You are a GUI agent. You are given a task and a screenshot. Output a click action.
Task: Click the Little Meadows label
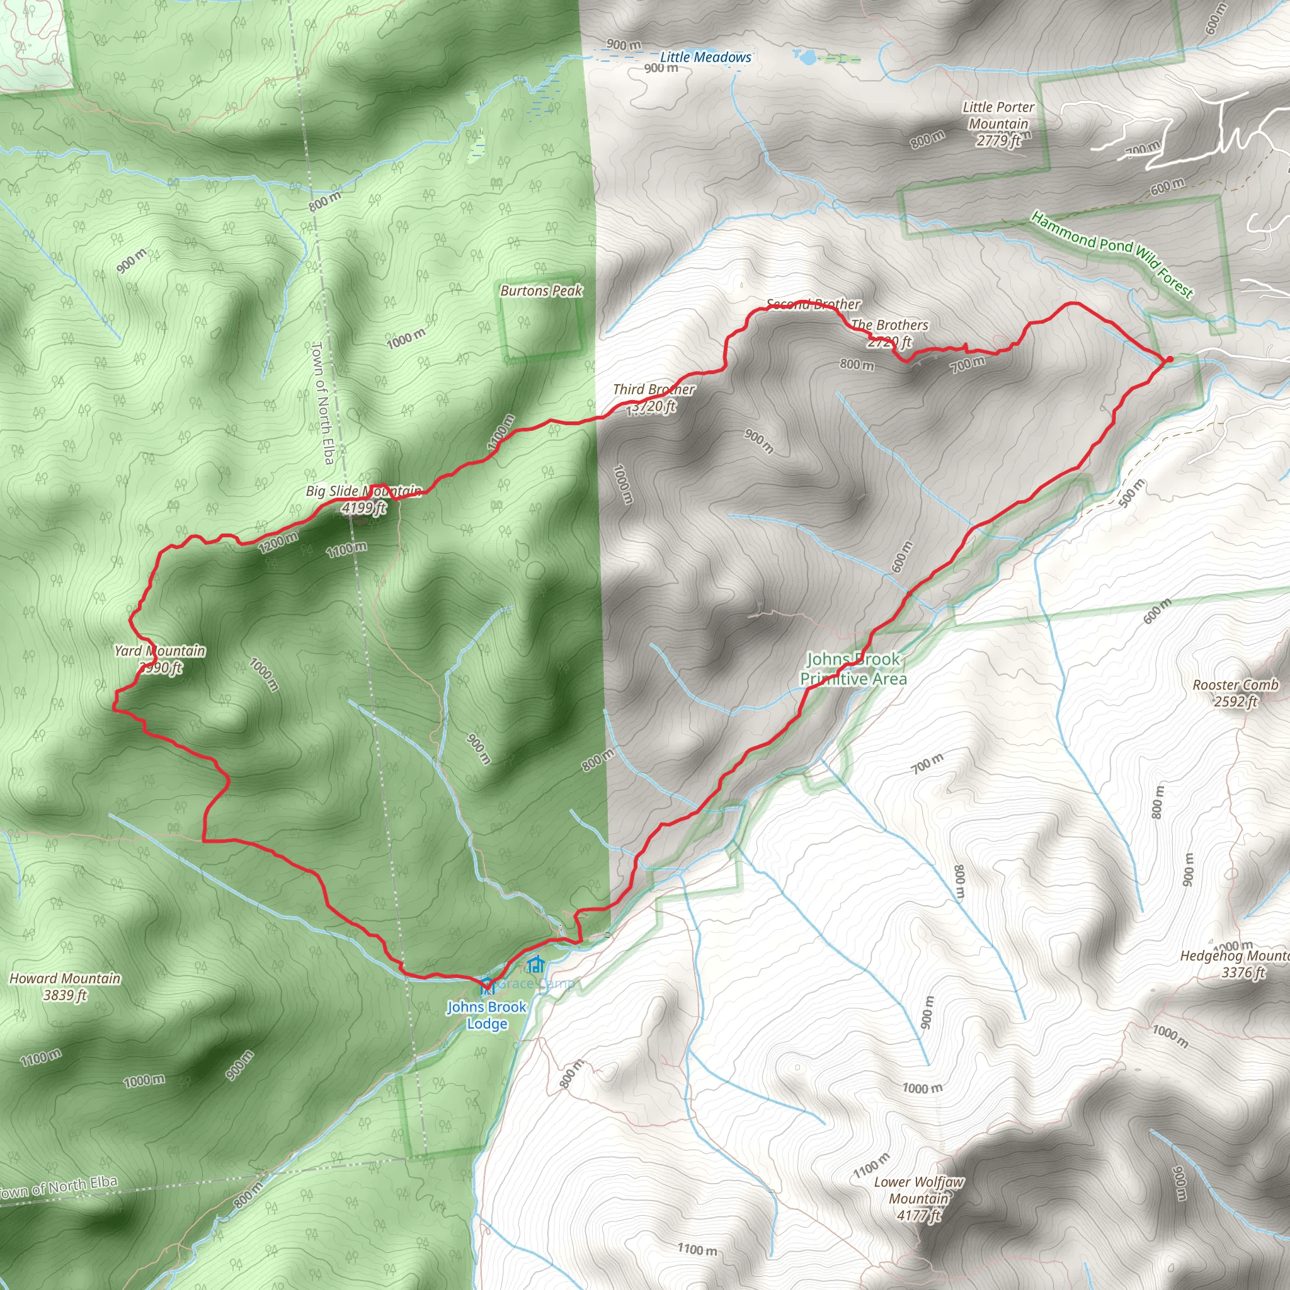click(x=705, y=57)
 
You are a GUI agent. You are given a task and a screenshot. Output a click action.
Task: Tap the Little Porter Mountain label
click(x=998, y=123)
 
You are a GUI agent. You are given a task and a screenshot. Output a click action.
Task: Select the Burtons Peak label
click(x=541, y=290)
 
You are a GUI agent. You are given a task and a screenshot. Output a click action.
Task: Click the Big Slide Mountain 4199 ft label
click(x=364, y=499)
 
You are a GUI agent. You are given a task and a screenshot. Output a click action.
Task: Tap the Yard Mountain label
click(x=160, y=658)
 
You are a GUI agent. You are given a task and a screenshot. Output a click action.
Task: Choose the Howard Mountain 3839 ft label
click(x=65, y=986)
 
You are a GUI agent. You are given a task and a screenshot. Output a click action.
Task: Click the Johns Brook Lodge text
click(x=487, y=1015)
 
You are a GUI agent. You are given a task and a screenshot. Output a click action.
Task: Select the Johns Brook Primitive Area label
click(x=853, y=669)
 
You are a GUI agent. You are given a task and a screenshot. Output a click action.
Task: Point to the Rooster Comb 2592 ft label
click(x=1235, y=692)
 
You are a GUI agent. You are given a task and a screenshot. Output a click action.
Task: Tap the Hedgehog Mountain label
click(x=1235, y=964)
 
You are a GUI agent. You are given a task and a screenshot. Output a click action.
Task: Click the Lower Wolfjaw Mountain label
click(x=919, y=1199)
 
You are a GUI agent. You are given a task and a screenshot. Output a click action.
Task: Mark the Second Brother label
click(x=813, y=304)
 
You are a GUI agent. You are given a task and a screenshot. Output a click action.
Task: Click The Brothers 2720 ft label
click(x=889, y=333)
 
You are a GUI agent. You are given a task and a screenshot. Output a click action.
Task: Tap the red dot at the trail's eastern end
click(x=1169, y=360)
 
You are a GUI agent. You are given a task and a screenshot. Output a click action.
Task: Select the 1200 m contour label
click(x=278, y=542)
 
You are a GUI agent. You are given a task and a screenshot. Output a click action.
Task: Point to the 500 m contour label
click(x=1132, y=493)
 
